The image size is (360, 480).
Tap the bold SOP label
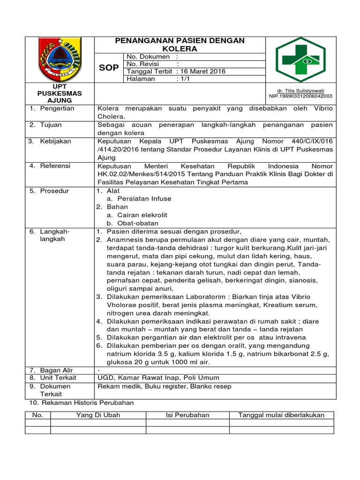(x=109, y=68)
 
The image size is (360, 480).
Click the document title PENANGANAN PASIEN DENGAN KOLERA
(x=180, y=45)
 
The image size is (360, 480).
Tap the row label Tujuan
(x=52, y=125)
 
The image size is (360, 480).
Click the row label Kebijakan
(x=56, y=142)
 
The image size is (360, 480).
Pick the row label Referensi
(x=55, y=166)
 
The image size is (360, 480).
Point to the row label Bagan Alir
(x=56, y=370)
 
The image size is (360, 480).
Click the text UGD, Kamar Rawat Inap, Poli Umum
(x=158, y=378)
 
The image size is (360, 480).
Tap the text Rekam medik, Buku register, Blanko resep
(x=164, y=386)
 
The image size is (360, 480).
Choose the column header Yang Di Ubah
(x=98, y=415)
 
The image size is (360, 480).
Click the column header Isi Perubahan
(x=187, y=415)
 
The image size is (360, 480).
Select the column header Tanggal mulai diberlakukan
(x=281, y=415)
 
